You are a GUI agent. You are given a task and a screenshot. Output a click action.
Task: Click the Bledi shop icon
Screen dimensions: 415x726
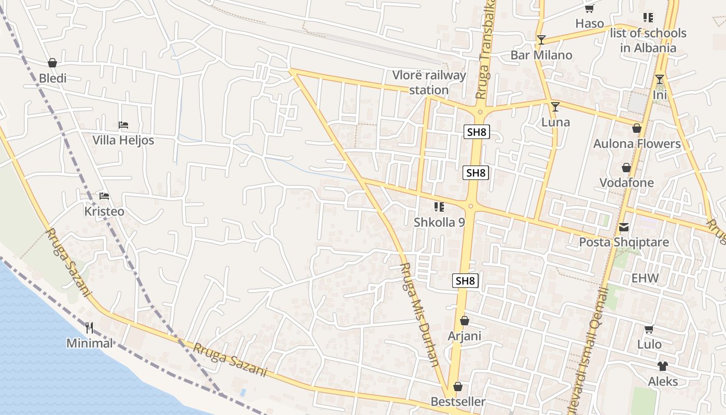coord(52,63)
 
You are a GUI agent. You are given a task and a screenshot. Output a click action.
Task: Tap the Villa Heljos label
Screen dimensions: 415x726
coord(123,140)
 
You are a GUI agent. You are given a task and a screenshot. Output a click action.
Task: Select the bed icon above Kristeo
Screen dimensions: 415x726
coord(104,196)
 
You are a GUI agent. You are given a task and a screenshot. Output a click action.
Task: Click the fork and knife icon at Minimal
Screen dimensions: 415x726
coord(89,327)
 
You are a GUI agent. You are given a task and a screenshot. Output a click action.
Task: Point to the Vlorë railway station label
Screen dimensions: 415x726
coord(429,82)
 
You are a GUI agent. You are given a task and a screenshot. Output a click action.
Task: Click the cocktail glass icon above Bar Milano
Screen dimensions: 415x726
coord(541,39)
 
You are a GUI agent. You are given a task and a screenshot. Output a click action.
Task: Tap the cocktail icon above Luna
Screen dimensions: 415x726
coord(555,107)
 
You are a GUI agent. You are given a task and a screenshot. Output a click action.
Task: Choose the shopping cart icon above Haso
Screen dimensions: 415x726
coord(589,8)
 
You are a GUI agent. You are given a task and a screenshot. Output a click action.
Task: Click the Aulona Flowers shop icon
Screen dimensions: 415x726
coord(637,128)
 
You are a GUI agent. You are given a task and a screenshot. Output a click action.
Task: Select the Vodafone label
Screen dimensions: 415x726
coord(626,183)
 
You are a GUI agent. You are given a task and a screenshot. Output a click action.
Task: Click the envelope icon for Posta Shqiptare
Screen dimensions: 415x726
coord(623,227)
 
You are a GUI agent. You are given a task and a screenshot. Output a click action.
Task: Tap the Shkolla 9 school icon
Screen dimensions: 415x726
coord(439,207)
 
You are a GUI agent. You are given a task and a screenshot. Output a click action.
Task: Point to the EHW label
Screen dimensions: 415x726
coord(645,278)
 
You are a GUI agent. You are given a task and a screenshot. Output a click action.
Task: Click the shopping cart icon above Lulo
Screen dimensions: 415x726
coord(649,329)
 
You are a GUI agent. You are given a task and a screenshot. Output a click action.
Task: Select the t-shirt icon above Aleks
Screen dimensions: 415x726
coord(662,366)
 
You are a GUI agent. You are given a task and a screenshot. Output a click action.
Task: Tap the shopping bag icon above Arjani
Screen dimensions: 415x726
coord(465,321)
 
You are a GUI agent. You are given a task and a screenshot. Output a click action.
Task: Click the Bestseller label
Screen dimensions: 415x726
coord(458,402)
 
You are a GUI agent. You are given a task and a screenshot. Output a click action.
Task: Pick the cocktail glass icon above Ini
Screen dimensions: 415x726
coord(660,79)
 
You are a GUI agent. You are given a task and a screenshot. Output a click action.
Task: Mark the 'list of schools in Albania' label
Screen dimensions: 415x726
coord(648,40)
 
